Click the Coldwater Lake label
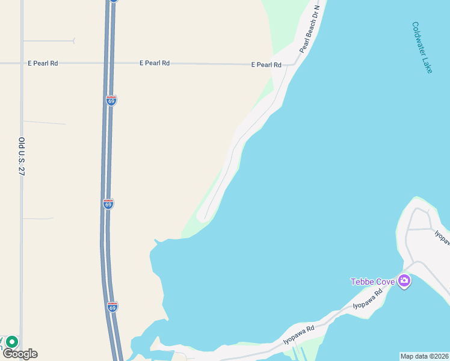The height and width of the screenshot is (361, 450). click(x=422, y=48)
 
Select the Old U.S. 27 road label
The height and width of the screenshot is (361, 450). click(x=22, y=156)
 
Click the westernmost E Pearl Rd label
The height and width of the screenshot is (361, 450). click(x=42, y=63)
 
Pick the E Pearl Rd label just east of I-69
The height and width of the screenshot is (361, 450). click(x=154, y=63)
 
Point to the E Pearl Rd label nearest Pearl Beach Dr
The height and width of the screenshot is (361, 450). click(x=266, y=64)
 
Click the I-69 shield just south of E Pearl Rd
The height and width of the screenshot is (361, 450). click(x=111, y=100)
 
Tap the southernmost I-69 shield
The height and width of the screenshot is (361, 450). click(x=112, y=307)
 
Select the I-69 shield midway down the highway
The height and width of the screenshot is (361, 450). click(x=108, y=204)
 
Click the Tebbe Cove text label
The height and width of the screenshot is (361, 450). click(x=372, y=282)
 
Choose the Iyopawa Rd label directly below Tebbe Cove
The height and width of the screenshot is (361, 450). click(x=368, y=299)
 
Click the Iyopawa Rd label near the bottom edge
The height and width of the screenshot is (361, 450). click(x=299, y=335)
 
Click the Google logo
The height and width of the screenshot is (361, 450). click(x=20, y=354)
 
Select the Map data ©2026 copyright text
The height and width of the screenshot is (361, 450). click(x=424, y=356)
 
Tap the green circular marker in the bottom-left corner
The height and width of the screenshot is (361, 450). click(x=12, y=342)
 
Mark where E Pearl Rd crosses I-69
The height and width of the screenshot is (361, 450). click(x=109, y=63)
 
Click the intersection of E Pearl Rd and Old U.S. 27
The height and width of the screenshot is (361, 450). click(x=22, y=63)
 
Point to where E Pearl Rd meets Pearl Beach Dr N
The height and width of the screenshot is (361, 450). click(x=293, y=63)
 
